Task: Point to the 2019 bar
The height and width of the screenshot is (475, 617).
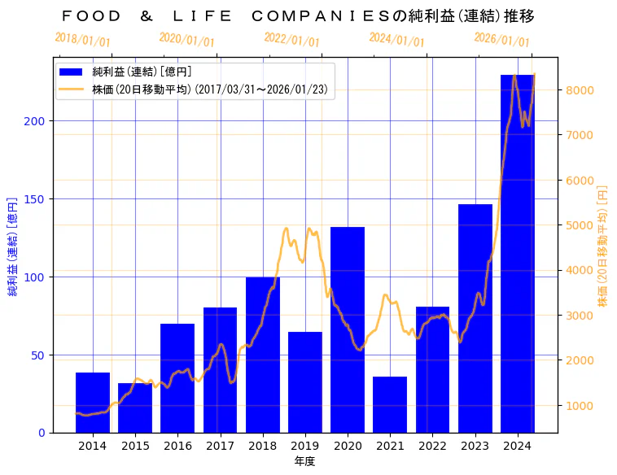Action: (x=304, y=381)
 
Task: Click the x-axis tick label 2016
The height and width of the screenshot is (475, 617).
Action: (x=177, y=446)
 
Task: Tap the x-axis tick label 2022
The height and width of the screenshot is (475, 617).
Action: (x=432, y=446)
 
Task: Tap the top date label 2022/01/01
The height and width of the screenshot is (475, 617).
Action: (x=291, y=40)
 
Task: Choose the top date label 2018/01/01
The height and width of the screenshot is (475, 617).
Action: (x=82, y=40)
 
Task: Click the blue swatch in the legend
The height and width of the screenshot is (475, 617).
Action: (x=72, y=72)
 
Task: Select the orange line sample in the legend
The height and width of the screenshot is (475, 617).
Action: (x=72, y=89)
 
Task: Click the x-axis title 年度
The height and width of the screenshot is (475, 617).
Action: (x=304, y=461)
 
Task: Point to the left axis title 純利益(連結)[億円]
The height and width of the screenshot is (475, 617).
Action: (x=12, y=246)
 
